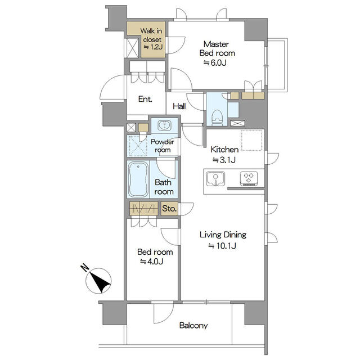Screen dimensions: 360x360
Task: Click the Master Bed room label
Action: pos(217,49)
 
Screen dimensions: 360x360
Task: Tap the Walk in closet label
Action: pos(151,35)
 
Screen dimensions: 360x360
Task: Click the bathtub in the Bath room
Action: pos(138,179)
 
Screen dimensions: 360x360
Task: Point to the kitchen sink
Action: pos(215,178)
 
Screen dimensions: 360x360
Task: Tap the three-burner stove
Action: pos(249,178)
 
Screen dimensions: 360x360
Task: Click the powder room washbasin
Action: pos(164,125)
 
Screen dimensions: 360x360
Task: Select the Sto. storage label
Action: pos(169,209)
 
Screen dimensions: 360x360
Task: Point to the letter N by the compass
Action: pos(84,268)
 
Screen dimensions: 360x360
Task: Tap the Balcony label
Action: pos(193,326)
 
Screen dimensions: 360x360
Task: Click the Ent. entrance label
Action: pos(145,99)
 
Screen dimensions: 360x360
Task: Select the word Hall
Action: pos(179,106)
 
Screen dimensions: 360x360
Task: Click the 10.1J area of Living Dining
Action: pos(222,246)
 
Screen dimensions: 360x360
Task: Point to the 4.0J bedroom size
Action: pos(152,262)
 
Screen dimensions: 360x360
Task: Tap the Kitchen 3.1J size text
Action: pos(224,160)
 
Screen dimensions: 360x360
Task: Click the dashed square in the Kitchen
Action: pos(251,141)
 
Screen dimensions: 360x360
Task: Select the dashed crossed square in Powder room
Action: pos(138,146)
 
